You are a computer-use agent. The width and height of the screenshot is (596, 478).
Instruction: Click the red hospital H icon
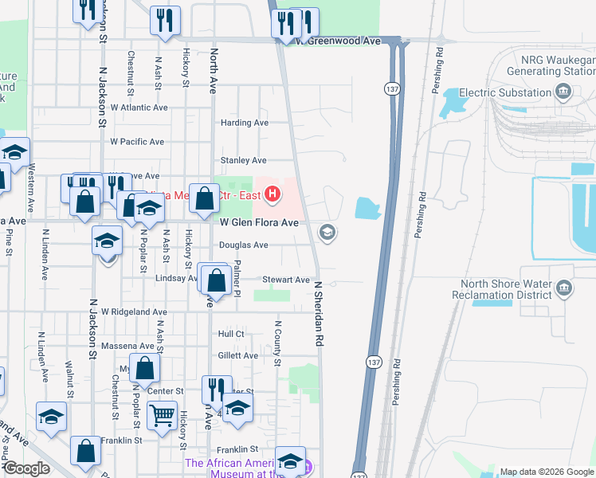[x=273, y=194]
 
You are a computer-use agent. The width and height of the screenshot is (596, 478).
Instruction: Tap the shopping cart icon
[x=163, y=414]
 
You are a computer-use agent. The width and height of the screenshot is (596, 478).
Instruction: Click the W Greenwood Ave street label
[x=337, y=40]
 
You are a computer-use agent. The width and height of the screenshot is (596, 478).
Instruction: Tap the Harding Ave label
[x=244, y=123]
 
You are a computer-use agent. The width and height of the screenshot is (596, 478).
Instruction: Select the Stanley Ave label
[x=243, y=160]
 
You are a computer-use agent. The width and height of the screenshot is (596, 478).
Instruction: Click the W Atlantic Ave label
[x=139, y=107]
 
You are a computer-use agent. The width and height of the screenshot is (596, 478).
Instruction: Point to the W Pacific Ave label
[x=137, y=142]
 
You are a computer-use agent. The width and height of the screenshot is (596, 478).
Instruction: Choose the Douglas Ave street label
[x=244, y=245]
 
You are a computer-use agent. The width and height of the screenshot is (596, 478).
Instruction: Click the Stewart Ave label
[x=286, y=280]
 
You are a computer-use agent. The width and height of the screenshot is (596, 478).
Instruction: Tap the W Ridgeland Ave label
[x=133, y=312]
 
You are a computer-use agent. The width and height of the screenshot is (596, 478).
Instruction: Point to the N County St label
[x=278, y=344]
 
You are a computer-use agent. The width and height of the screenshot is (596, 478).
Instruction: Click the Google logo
[x=26, y=468]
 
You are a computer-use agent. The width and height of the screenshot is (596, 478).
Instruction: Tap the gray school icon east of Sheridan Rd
[x=327, y=233]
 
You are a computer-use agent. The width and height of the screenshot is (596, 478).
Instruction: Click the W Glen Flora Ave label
[x=259, y=223]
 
